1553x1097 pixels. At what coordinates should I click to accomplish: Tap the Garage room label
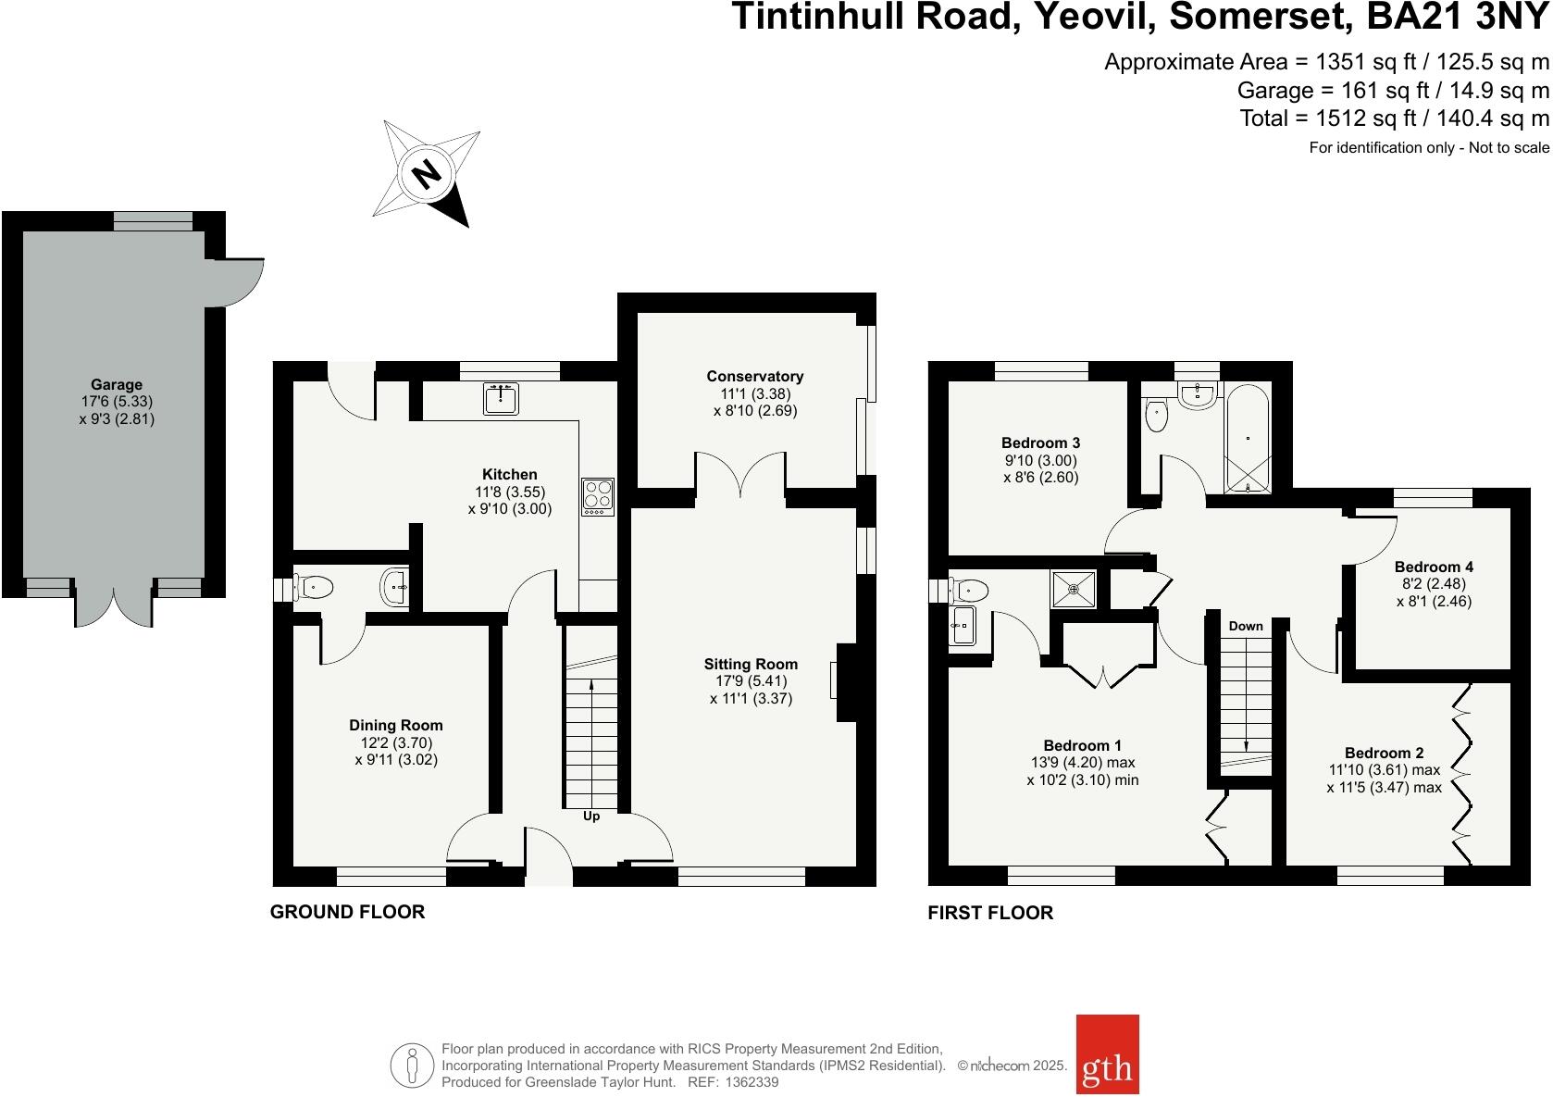[x=116, y=384]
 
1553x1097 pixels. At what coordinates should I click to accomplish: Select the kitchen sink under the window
[x=501, y=399]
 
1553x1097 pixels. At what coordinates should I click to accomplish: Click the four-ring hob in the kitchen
[x=598, y=496]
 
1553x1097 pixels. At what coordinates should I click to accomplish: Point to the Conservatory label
[x=754, y=376]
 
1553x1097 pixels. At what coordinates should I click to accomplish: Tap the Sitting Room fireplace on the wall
[x=846, y=681]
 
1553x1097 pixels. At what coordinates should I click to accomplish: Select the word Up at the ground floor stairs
[x=591, y=817]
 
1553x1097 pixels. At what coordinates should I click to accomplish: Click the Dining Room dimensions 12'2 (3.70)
[x=395, y=742]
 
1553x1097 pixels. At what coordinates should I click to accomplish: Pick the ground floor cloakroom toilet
[x=315, y=586]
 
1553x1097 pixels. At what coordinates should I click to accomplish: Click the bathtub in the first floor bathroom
[x=1249, y=437]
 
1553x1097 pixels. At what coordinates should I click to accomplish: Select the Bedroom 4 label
[x=1434, y=567]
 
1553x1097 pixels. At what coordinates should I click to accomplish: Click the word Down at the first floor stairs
[x=1246, y=626]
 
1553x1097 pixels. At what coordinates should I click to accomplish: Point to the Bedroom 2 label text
[x=1384, y=753]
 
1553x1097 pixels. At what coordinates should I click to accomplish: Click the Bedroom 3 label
[x=1040, y=443]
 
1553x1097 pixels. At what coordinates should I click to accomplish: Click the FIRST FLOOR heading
[x=990, y=913]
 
